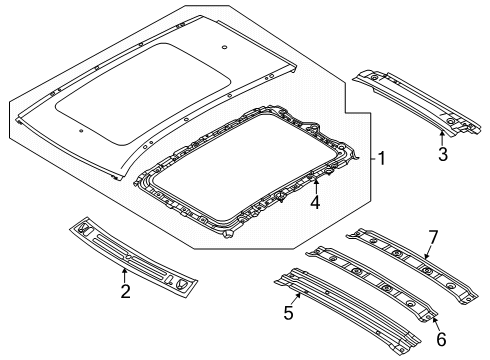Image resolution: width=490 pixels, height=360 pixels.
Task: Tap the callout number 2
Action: tap(125, 291)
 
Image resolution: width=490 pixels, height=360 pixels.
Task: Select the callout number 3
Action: tap(443, 154)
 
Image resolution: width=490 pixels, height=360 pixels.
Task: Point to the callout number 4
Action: tap(315, 202)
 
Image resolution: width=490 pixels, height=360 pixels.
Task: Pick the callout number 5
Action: tap(289, 313)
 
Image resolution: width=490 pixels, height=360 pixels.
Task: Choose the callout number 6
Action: tap(441, 339)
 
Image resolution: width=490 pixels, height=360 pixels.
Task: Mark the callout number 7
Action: tap(433, 238)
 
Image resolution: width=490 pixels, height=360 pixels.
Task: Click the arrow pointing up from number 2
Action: tap(124, 275)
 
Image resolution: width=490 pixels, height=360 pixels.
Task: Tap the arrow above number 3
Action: tap(442, 138)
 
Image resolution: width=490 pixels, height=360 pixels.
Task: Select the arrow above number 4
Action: tap(315, 186)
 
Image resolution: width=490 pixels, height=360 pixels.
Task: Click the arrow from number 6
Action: tap(435, 322)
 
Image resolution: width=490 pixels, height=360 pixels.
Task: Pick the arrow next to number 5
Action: tap(297, 298)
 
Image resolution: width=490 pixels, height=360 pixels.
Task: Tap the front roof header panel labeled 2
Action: tap(133, 257)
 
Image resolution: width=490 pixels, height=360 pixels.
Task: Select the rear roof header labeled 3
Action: tap(417, 102)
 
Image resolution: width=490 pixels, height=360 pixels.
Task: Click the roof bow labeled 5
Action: tap(347, 312)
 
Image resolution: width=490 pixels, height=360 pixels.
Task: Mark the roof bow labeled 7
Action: tap(413, 265)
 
